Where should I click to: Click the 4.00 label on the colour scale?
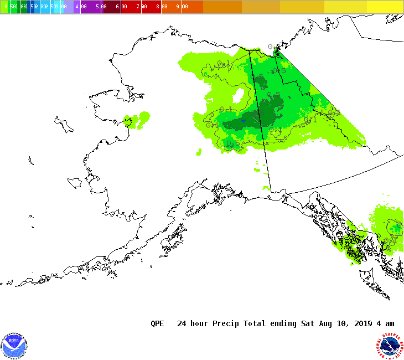click(81, 7)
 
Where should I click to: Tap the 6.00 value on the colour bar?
click(121, 7)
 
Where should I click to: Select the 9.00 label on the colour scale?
click(182, 7)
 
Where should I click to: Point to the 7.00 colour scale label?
click(142, 7)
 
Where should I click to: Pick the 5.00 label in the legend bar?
click(101, 7)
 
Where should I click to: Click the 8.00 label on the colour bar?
click(162, 7)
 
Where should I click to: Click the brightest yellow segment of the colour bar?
click(385, 7)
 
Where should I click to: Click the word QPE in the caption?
click(157, 323)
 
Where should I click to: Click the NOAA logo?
click(14, 346)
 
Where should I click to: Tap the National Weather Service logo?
click(390, 346)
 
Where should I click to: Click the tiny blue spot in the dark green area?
click(242, 120)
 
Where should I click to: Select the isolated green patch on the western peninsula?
click(136, 120)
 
